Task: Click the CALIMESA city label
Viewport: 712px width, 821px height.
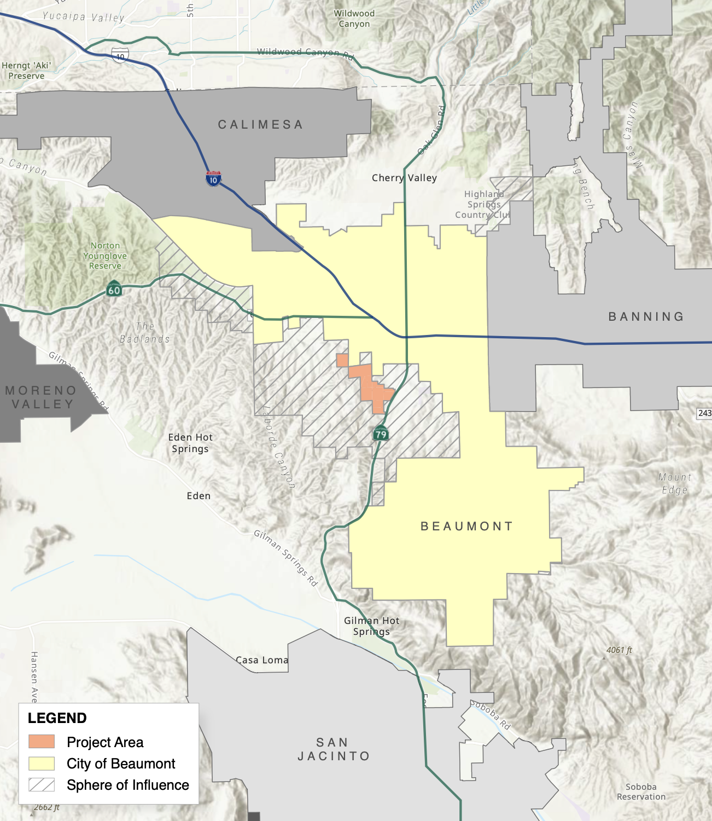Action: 260,125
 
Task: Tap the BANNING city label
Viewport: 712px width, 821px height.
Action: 646,316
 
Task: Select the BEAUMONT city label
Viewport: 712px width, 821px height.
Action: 466,527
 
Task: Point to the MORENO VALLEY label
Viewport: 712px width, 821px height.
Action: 41,397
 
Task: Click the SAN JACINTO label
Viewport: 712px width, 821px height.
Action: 334,749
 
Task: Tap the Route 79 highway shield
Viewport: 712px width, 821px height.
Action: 381,434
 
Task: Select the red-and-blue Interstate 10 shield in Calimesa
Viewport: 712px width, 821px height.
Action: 213,178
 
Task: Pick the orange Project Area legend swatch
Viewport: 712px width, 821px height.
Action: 42,742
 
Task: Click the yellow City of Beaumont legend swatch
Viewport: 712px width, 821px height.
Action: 42,764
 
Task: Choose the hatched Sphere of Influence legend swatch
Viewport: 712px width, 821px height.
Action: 42,785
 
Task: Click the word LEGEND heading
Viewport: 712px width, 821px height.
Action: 57,718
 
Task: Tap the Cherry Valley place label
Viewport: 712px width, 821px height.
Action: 404,178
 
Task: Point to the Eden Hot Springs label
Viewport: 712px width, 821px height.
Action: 190,443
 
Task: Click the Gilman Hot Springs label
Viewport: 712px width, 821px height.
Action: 372,626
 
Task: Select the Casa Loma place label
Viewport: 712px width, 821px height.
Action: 262,660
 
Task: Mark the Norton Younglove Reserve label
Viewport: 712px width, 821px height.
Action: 105,256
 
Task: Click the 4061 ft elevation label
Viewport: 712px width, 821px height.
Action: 619,650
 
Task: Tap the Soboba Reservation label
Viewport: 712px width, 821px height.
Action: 641,791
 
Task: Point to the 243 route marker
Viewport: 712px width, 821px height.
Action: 704,413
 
